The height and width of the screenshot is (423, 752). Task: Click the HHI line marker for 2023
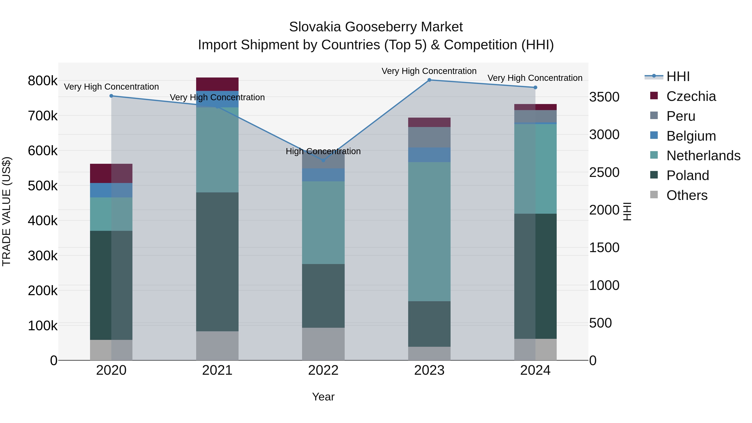(x=429, y=80)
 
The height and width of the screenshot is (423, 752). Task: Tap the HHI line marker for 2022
(x=323, y=160)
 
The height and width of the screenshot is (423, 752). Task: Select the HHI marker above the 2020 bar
(x=111, y=96)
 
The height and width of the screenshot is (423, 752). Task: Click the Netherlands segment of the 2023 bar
(x=429, y=231)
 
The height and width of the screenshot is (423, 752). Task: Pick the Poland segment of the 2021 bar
(x=217, y=262)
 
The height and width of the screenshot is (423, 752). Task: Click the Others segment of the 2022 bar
(x=323, y=344)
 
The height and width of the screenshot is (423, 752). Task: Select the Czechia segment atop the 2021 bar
(x=217, y=84)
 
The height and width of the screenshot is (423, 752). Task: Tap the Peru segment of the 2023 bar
(x=429, y=137)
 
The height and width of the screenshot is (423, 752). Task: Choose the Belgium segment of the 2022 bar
(x=323, y=175)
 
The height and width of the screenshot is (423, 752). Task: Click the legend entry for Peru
(x=681, y=116)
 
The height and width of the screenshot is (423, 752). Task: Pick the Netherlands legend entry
(x=703, y=156)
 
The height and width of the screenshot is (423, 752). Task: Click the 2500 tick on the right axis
(x=604, y=172)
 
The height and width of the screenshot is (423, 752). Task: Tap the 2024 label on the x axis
(x=535, y=370)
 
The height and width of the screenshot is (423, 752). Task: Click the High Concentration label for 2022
(x=323, y=151)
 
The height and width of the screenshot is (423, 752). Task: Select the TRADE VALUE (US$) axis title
(x=6, y=211)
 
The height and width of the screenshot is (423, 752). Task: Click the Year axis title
(x=323, y=397)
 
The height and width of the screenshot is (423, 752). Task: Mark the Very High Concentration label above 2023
(x=429, y=71)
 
